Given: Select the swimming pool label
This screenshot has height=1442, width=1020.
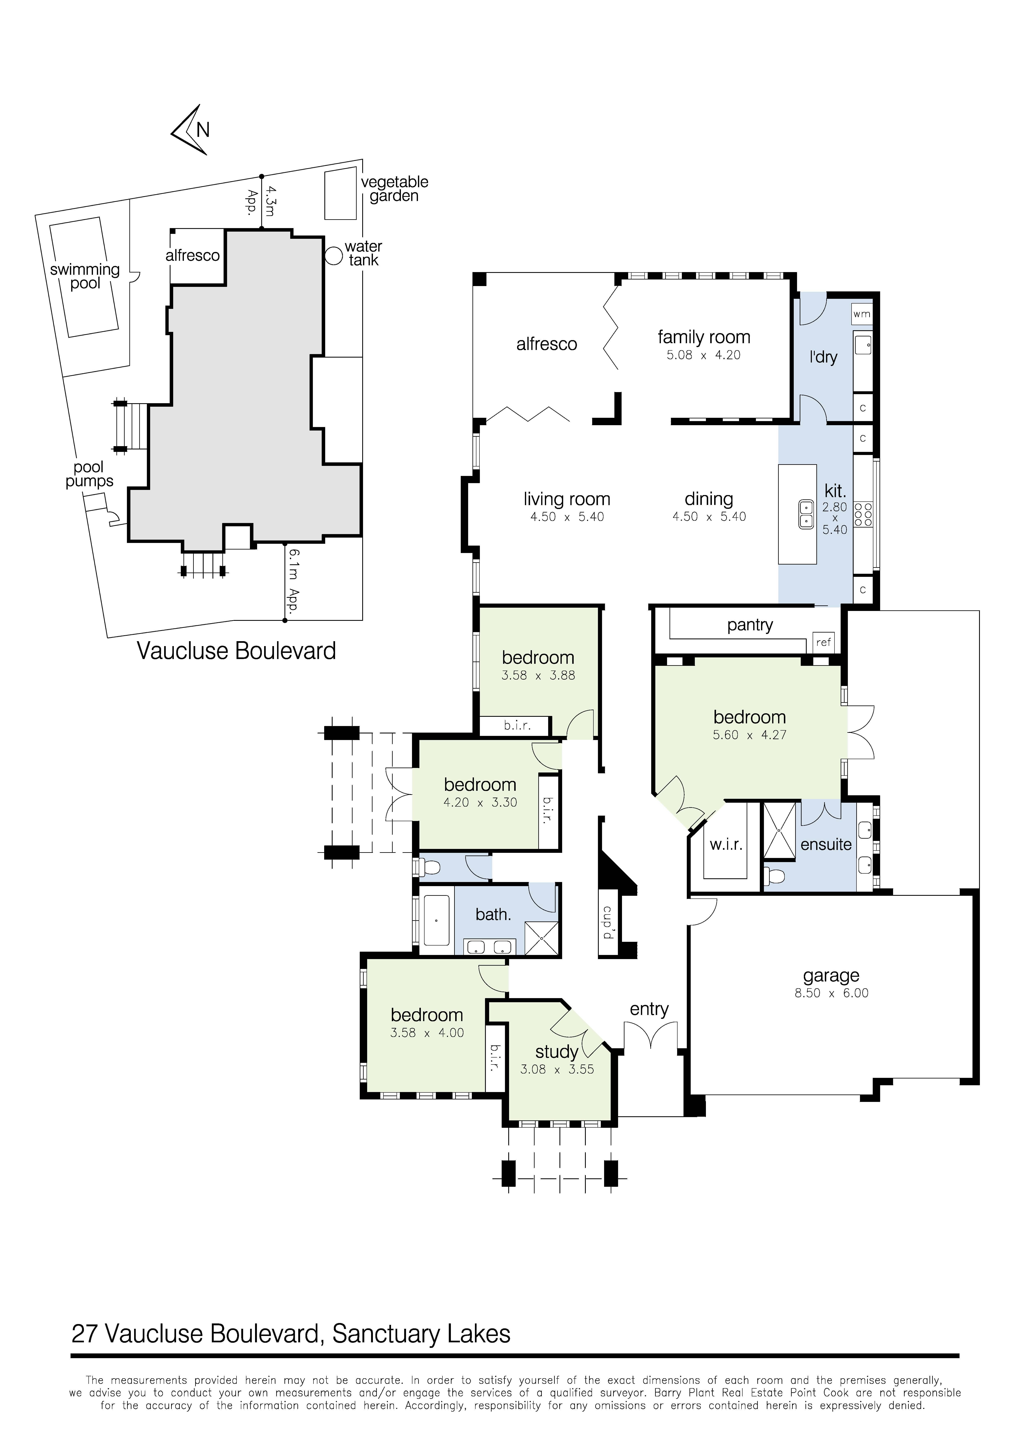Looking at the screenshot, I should pos(85,276).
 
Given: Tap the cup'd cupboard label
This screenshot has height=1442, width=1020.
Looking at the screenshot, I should pos(608,922).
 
